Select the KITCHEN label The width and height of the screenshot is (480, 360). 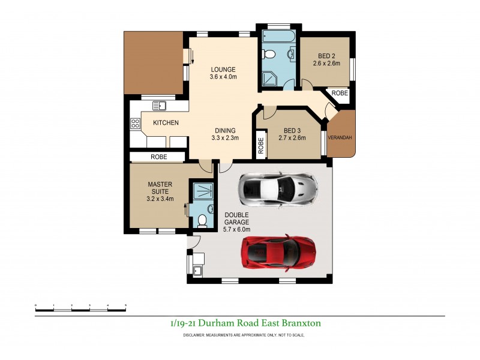(x=166, y=123)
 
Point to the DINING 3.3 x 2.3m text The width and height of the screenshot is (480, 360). (x=225, y=134)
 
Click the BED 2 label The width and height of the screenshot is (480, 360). (x=325, y=58)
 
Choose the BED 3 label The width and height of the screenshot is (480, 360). (x=292, y=134)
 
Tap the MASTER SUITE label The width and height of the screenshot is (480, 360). (x=160, y=191)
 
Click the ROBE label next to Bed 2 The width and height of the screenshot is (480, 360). (x=340, y=94)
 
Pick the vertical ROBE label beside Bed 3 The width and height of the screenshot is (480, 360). (x=261, y=147)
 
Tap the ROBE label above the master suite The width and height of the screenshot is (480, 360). (x=159, y=157)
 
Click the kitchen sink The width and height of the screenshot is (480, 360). (x=159, y=106)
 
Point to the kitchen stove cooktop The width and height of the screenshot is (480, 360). (x=136, y=125)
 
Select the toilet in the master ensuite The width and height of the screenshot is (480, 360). (x=202, y=220)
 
